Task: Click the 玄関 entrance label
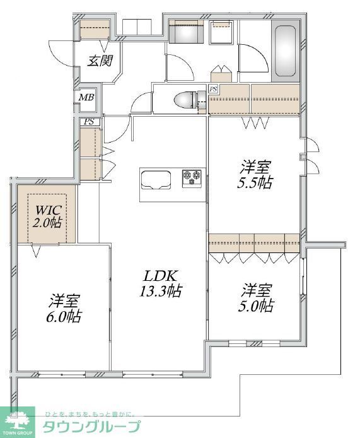pos(100,61)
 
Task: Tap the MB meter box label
pos(86,97)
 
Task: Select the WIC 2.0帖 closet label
pos(47,215)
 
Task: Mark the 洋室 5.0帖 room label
pos(257,299)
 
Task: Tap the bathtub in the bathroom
pos(287,50)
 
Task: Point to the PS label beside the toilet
pos(213,88)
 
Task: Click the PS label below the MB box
pos(89,122)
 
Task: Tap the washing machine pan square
pos(223,33)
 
